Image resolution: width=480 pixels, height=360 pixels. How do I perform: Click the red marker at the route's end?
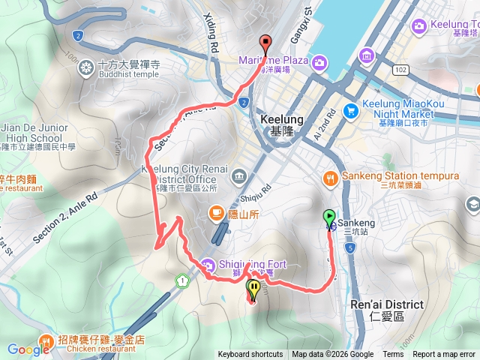click(264, 43)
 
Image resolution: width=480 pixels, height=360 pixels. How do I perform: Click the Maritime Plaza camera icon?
click(320, 61)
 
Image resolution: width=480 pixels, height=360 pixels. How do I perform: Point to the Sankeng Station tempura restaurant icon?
click(330, 177)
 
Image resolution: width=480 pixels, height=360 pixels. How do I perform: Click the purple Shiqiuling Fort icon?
click(207, 264)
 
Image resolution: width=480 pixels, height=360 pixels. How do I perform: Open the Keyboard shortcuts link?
click(250, 355)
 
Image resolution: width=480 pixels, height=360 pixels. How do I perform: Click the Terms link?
click(393, 355)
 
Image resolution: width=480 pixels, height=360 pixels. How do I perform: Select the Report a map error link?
click(444, 355)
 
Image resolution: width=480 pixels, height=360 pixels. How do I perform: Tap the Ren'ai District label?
click(387, 305)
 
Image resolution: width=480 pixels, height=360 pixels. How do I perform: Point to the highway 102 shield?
click(400, 69)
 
